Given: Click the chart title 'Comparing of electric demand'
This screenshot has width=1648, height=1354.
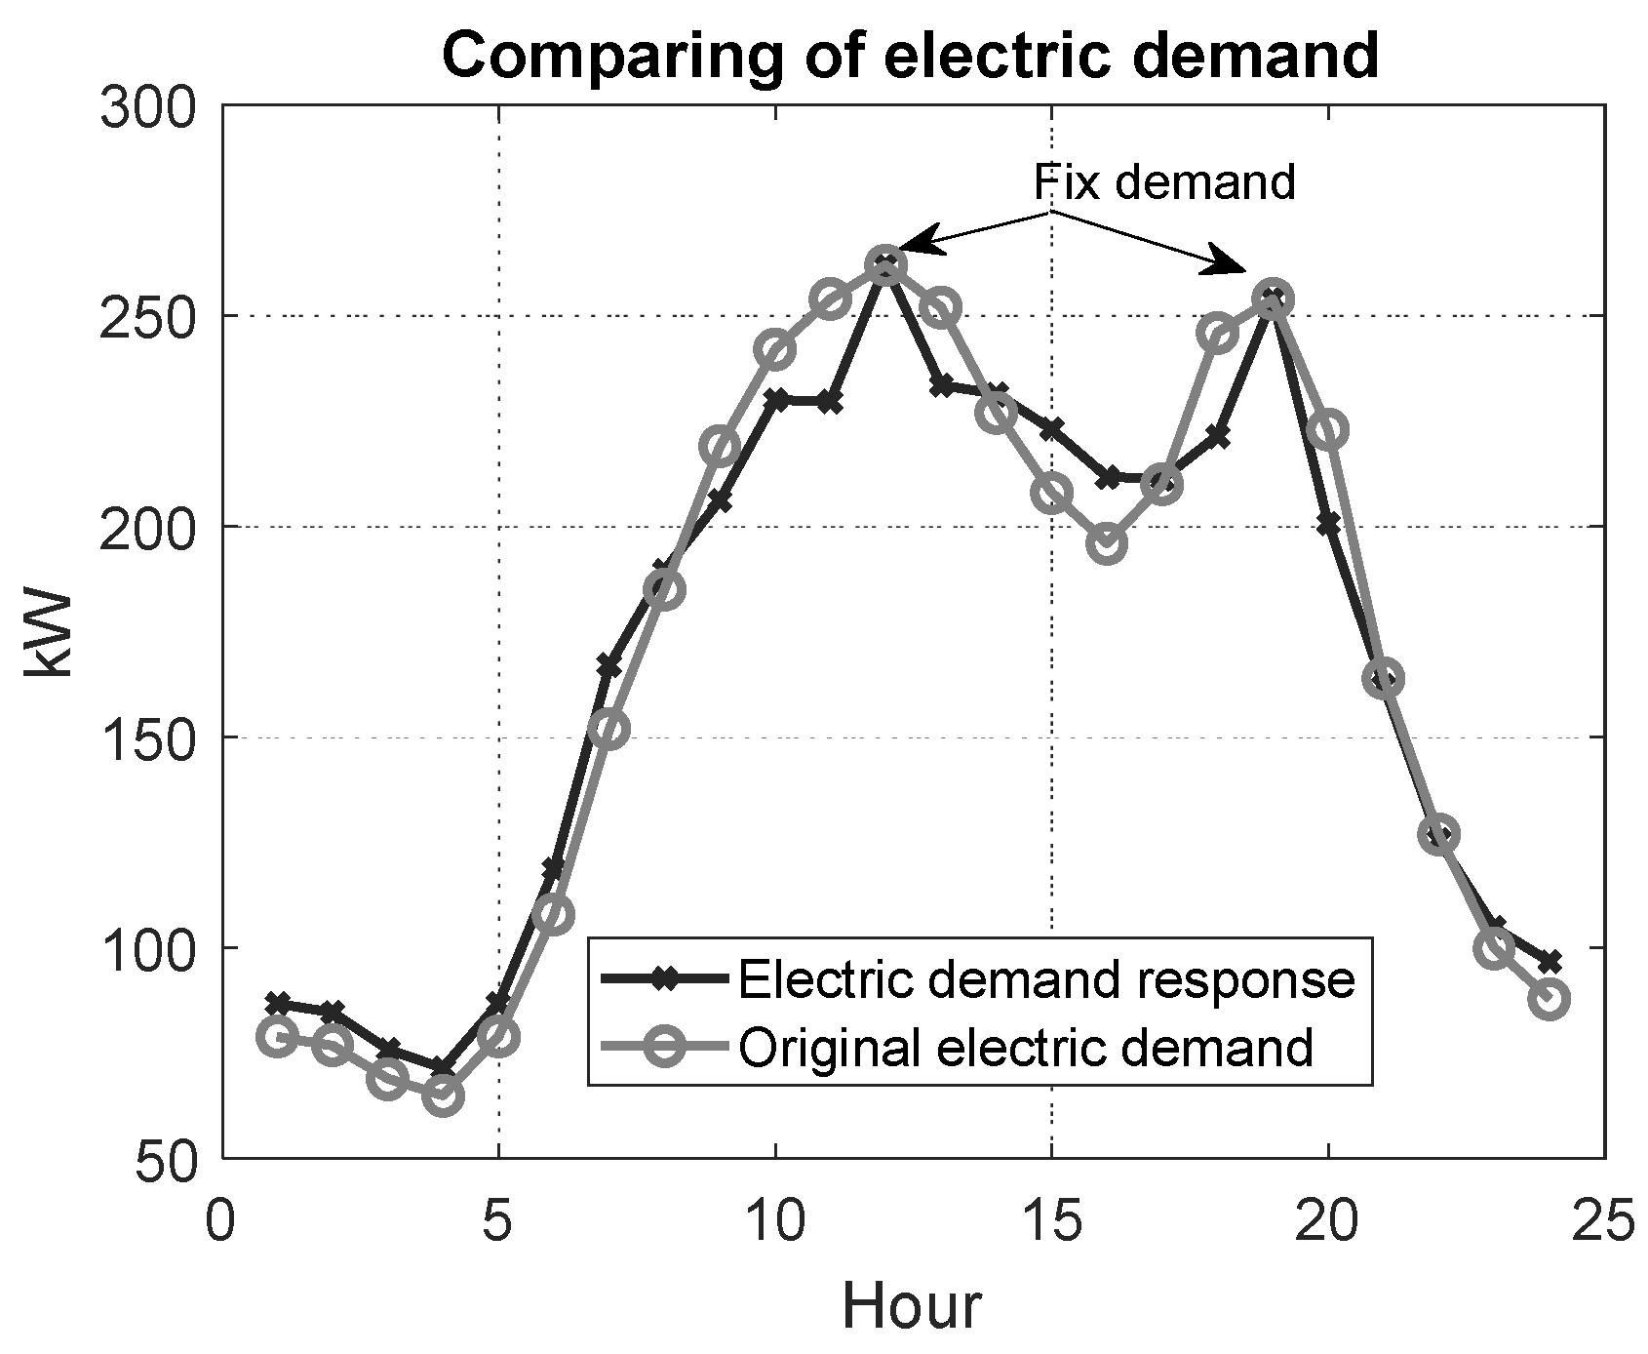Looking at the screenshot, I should (910, 56).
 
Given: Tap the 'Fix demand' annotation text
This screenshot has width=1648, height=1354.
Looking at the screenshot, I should (1164, 181).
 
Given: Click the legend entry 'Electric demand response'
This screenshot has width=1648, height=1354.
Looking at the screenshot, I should (1046, 979).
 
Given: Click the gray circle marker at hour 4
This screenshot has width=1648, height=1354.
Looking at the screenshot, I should (444, 1095).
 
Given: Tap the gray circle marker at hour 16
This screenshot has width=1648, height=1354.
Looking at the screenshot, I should (1108, 543).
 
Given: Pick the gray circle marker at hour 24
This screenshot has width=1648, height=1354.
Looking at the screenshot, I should (1550, 999).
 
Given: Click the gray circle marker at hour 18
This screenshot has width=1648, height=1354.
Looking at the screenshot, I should (1218, 334).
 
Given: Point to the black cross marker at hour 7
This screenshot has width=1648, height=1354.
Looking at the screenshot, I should (609, 666).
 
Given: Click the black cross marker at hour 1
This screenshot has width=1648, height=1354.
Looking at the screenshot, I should (278, 1003).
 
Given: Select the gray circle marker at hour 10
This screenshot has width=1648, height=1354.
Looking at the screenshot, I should (775, 349).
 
